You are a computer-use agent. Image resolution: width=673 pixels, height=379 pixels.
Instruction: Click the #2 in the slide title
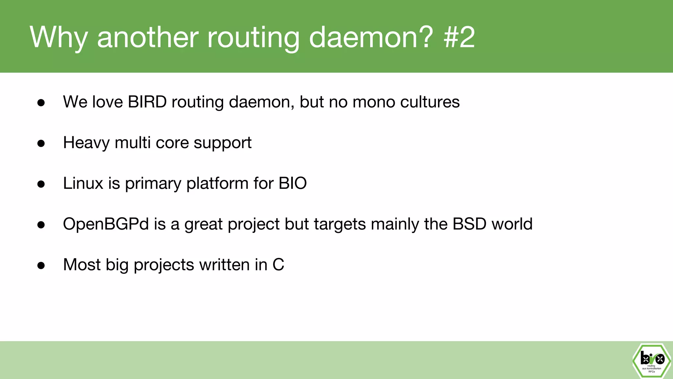point(459,37)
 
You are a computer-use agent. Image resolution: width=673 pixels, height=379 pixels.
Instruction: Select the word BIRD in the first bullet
point(147,102)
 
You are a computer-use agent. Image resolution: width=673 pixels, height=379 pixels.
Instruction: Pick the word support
point(222,143)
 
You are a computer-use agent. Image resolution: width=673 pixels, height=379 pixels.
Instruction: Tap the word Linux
point(83,183)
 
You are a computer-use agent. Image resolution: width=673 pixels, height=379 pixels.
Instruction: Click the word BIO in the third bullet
point(292,183)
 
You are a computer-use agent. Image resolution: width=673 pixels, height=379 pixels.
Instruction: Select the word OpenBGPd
point(106,224)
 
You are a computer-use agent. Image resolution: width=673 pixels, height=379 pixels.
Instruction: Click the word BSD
point(469,224)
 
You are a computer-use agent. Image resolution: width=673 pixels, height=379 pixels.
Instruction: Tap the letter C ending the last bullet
point(278,265)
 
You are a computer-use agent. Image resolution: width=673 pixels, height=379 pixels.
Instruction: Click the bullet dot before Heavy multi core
point(41,143)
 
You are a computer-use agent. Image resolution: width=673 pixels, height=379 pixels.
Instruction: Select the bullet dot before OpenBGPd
point(41,225)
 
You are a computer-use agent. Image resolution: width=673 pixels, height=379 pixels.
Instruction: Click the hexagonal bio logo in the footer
point(652,361)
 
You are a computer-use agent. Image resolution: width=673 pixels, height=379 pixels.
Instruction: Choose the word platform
point(217,183)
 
